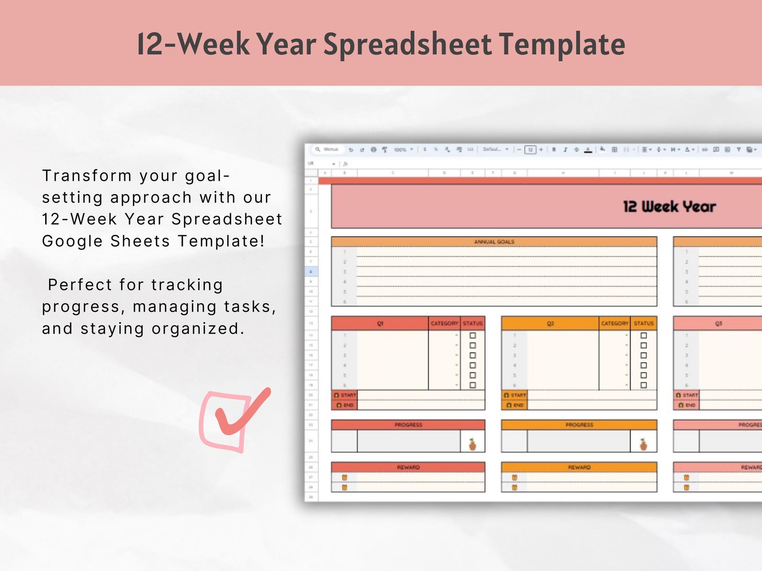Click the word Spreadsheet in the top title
(407, 44)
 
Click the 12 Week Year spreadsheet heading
(669, 207)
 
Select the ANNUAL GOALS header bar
(494, 242)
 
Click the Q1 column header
(380, 324)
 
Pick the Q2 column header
(550, 324)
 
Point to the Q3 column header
(718, 324)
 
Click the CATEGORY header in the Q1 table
(444, 324)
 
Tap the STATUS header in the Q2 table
(643, 324)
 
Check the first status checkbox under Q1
(473, 336)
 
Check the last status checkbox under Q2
(643, 385)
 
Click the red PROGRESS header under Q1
(408, 425)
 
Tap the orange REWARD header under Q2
(579, 467)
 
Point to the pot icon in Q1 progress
(472, 445)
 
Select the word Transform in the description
(87, 176)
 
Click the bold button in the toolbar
(554, 150)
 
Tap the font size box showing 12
(530, 150)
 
